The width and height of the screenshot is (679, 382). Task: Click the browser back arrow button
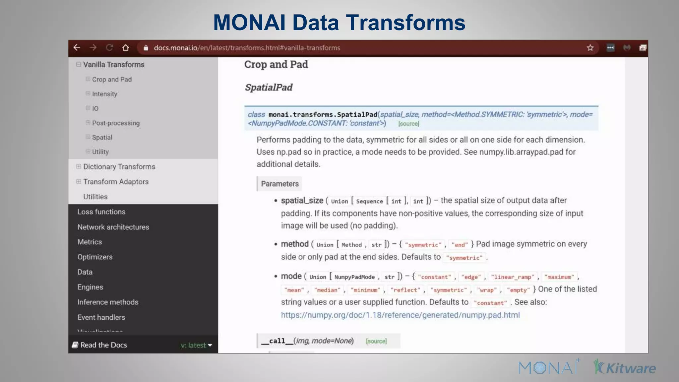pyautogui.click(x=77, y=48)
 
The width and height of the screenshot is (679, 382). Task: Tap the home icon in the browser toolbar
pyautogui.click(x=125, y=48)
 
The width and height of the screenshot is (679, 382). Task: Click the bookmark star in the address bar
pyautogui.click(x=590, y=48)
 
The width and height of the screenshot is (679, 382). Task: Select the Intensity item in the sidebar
pyautogui.click(x=104, y=94)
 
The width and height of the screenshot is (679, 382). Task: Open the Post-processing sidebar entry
pyautogui.click(x=116, y=123)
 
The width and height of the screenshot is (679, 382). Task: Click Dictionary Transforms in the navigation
pyautogui.click(x=119, y=167)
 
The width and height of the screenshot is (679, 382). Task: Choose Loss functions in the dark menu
pyautogui.click(x=101, y=212)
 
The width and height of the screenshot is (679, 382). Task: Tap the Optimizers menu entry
pyautogui.click(x=95, y=257)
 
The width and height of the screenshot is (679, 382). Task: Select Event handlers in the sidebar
pyautogui.click(x=101, y=317)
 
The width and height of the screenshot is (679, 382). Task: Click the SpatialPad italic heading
pyautogui.click(x=269, y=88)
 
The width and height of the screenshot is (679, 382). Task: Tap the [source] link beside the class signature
pyautogui.click(x=408, y=124)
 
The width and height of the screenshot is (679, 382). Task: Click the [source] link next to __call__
pyautogui.click(x=376, y=341)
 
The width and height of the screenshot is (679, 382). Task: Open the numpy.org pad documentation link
pyautogui.click(x=400, y=315)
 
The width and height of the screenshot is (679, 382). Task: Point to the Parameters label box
pyautogui.click(x=279, y=184)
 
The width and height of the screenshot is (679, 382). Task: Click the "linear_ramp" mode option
pyautogui.click(x=513, y=277)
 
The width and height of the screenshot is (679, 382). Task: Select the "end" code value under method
pyautogui.click(x=460, y=245)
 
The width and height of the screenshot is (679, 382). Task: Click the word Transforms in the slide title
pyautogui.click(x=405, y=23)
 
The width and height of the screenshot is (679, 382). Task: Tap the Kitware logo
pyautogui.click(x=625, y=367)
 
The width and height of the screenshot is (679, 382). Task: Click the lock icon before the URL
pyautogui.click(x=146, y=48)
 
